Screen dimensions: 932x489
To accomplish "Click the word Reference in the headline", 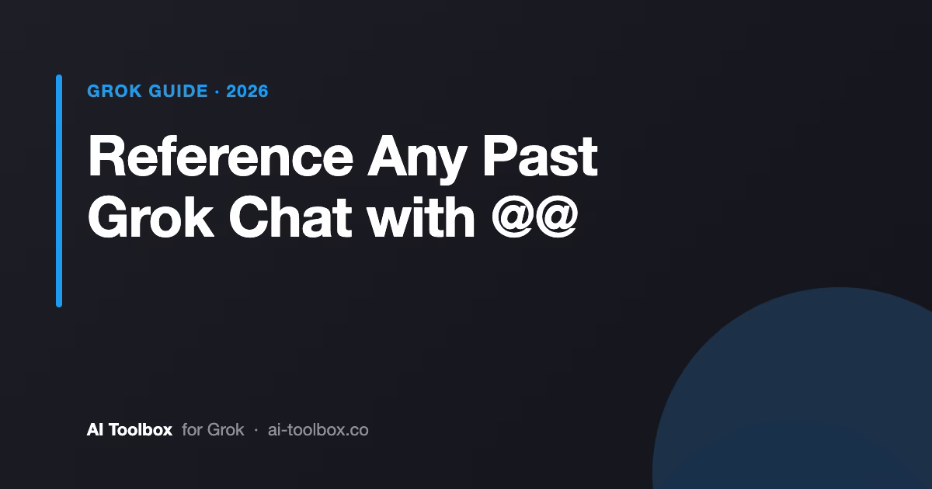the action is point(221,156).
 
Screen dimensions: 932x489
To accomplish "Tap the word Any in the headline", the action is point(417,160).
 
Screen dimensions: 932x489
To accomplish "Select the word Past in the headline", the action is point(540,156).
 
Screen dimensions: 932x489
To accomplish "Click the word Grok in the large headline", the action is point(151,217).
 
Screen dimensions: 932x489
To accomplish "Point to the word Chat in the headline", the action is point(290,217).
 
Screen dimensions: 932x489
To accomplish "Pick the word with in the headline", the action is point(421,217).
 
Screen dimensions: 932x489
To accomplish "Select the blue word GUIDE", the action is point(178,91).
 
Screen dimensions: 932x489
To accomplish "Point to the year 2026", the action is point(247,91).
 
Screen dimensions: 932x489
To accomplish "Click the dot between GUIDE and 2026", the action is point(217,92).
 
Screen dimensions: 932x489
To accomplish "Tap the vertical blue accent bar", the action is point(59,191).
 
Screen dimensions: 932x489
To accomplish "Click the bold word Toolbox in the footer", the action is point(141,429).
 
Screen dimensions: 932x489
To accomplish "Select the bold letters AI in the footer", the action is point(95,429).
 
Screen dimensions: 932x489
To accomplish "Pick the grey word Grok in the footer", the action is point(225,429).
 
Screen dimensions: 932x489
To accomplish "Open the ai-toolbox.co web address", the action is point(318,429).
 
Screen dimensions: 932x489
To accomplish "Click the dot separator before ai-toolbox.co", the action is point(256,430).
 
